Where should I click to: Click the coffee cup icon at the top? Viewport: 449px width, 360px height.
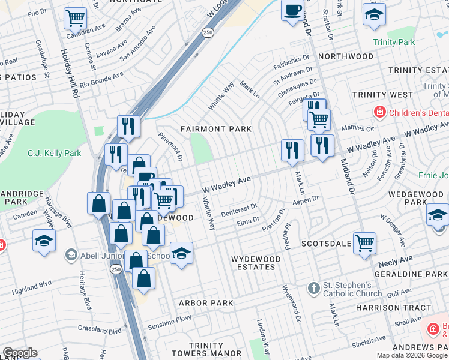(292, 11)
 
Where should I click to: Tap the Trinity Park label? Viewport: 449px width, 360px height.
(393, 42)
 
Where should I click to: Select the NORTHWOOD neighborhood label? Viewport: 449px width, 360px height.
(346, 56)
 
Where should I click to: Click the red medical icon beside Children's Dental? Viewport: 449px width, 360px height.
(379, 112)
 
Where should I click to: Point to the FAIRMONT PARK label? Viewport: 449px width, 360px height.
(212, 129)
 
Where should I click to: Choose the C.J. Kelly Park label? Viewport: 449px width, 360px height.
(54, 154)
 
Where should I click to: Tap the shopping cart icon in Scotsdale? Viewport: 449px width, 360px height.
(364, 243)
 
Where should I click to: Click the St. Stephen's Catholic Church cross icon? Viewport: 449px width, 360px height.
(313, 289)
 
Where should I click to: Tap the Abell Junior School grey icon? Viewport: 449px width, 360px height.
(71, 254)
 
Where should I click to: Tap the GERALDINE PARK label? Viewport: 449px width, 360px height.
(411, 273)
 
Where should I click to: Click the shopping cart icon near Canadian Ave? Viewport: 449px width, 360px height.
(74, 18)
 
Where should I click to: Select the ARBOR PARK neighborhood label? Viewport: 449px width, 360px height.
(206, 303)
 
